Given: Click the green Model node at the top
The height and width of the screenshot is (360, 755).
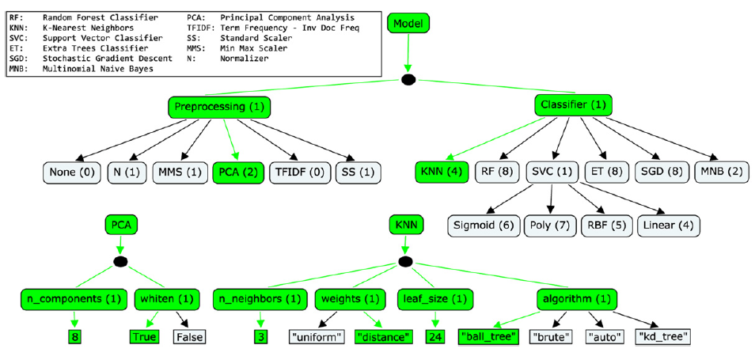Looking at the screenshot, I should tap(408, 24).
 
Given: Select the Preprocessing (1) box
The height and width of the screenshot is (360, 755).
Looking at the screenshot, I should tap(219, 107).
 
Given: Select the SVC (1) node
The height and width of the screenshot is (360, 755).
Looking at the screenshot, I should tap(552, 172).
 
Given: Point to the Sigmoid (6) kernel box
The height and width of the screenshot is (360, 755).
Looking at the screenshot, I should tap(482, 225).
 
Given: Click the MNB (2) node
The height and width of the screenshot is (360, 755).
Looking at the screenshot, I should tap(720, 172).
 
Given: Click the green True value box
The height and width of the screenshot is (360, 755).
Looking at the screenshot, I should tap(145, 336).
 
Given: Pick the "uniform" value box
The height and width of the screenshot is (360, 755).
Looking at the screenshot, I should tap(317, 336).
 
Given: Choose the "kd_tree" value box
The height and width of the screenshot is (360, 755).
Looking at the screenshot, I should tap(664, 336).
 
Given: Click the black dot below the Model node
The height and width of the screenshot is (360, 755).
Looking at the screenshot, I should tap(408, 80).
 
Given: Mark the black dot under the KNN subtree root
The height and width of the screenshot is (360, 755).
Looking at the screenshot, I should tap(406, 261).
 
